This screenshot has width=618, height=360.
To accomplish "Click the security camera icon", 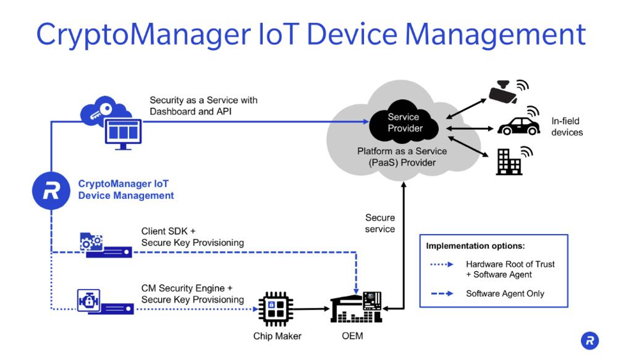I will coord(506,92).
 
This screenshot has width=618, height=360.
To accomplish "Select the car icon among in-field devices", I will coord(518,126).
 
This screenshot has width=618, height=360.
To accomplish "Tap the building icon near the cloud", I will coord(509,162).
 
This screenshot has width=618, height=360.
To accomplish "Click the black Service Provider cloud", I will coord(404,123).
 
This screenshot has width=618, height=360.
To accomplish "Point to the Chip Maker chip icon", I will coord(275,309).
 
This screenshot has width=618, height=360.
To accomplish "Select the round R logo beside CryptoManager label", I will coord(51,190).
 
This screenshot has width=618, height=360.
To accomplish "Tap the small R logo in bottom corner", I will coord(590,341).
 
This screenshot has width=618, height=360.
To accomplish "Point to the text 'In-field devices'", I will coord(567,127).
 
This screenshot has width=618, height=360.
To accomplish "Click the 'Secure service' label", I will coord(380,223).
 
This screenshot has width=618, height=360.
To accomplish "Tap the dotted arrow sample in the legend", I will coord(442,264).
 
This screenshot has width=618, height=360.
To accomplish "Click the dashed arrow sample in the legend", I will coord(442,293).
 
